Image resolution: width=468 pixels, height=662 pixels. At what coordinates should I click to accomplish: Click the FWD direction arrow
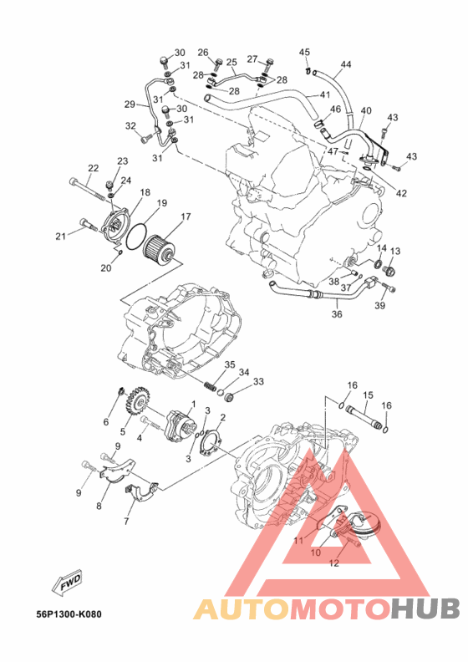[x=67, y=584]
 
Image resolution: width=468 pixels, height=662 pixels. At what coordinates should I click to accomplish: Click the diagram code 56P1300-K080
[x=69, y=614]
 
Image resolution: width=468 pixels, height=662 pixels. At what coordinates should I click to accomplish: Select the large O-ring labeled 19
[x=135, y=236]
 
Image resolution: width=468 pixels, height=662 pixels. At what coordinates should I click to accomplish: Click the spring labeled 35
[x=210, y=385]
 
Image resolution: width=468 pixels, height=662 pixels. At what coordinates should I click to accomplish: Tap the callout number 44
[x=346, y=64]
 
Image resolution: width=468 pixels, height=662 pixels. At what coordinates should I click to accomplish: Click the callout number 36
[x=337, y=314]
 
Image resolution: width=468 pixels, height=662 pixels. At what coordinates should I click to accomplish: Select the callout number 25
[x=231, y=63]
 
